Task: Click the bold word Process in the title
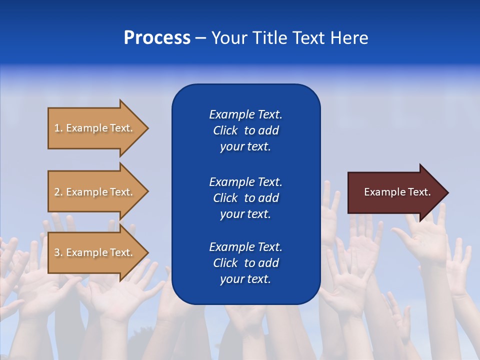157,38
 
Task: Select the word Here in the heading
349,38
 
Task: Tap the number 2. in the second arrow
58,192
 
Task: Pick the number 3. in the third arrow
58,252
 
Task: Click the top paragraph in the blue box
245,130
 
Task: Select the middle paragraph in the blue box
245,198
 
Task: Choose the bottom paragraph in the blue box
245,263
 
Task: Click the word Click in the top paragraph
225,130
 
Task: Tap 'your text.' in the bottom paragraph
245,279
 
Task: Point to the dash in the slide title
200,38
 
